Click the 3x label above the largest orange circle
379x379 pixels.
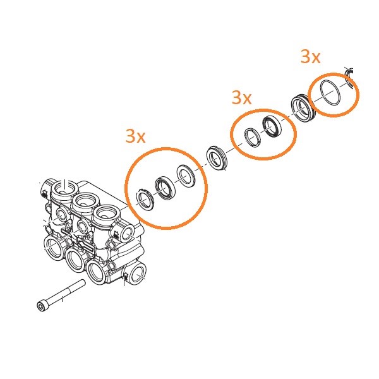coord(136,136)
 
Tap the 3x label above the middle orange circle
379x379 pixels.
coord(242,98)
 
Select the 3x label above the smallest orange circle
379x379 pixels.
coord(311,57)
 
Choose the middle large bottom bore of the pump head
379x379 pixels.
coord(75,260)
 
